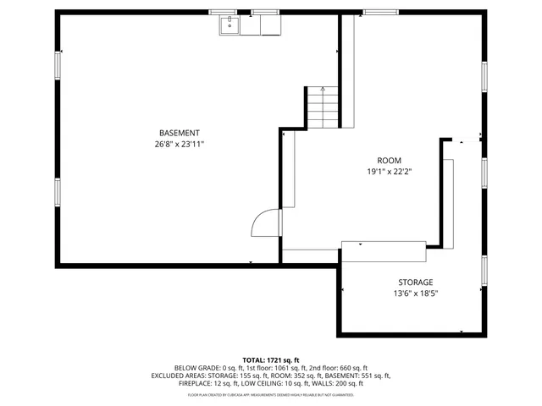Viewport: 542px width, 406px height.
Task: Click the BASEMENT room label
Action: point(180,133)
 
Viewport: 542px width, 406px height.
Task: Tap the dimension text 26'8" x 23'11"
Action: point(180,145)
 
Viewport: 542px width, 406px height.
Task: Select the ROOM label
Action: point(390,160)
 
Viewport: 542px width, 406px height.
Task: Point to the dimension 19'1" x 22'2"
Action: point(390,172)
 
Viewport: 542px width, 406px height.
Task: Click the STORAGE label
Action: point(416,283)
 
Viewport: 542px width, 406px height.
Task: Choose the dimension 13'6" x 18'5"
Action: point(416,294)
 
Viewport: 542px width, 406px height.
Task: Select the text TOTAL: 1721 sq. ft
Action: point(271,360)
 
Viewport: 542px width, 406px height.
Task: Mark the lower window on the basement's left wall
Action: point(58,191)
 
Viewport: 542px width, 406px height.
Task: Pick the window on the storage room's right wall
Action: point(484,269)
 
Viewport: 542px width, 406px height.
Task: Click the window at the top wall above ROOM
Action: point(376,12)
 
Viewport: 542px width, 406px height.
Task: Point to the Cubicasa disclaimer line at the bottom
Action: point(271,394)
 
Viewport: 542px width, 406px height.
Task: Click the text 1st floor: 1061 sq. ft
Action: point(255,368)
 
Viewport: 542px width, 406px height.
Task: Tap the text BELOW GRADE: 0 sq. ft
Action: point(198,368)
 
